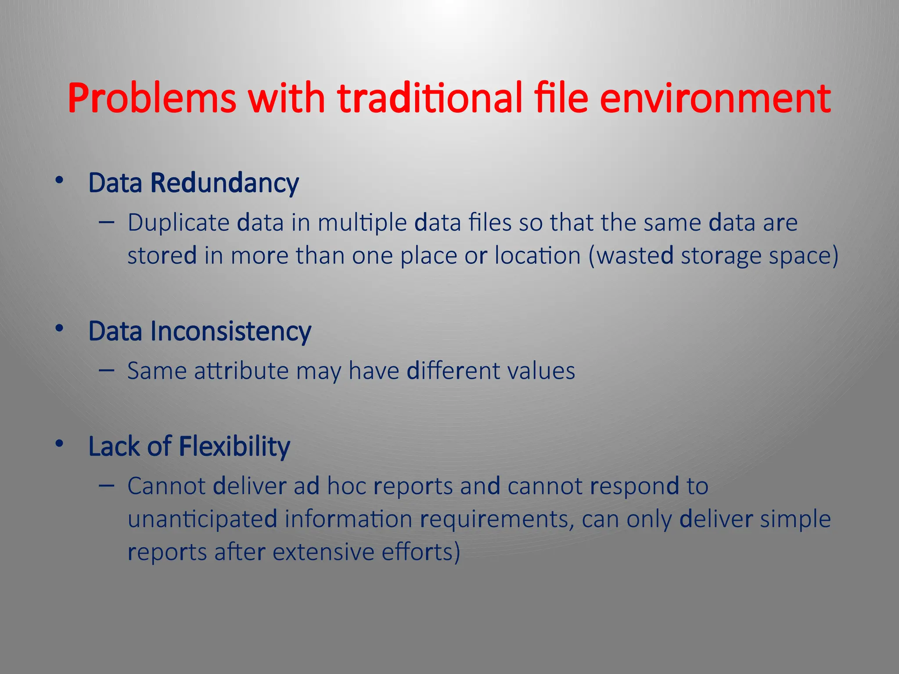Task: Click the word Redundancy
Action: point(224,183)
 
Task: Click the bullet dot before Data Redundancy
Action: point(60,180)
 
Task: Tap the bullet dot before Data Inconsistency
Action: point(60,328)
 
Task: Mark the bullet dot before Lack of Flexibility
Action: point(60,444)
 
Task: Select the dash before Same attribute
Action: point(107,370)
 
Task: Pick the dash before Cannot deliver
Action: point(107,485)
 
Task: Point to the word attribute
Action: point(241,371)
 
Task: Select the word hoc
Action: point(347,486)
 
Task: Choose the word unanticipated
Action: point(202,520)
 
